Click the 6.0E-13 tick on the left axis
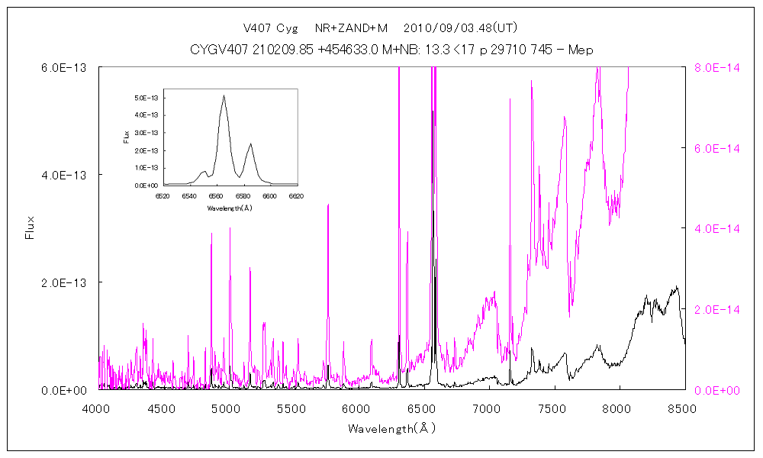click(x=67, y=67)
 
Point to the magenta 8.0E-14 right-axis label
click(x=715, y=67)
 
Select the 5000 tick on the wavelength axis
click(x=227, y=408)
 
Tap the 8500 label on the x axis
click(x=681, y=408)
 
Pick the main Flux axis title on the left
click(x=31, y=228)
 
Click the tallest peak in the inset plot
click(x=224, y=95)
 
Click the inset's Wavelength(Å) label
click(x=229, y=208)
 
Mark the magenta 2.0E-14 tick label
click(x=715, y=309)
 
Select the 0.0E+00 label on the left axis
click(x=67, y=390)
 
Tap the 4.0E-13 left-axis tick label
click(x=67, y=175)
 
